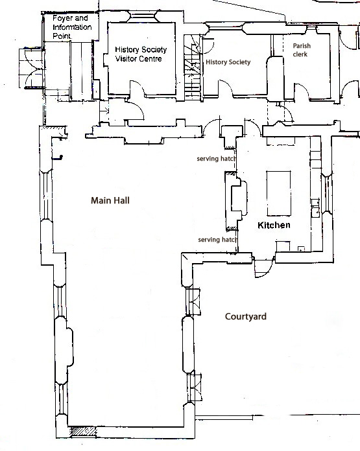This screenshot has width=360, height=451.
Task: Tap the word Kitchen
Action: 273,225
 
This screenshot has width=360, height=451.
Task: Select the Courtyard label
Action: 246,317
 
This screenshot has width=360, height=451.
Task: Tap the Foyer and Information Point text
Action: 71,29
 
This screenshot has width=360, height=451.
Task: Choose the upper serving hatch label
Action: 216,159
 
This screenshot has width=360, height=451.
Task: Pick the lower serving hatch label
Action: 217,240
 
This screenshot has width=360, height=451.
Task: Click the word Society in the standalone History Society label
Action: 249,62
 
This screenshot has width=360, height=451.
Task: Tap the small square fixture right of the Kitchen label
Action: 300,249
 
